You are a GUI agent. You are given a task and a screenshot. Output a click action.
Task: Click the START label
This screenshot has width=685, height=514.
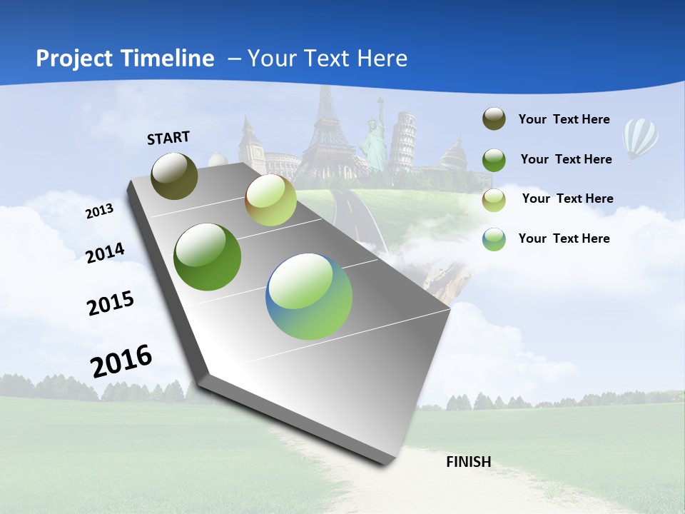click(168, 137)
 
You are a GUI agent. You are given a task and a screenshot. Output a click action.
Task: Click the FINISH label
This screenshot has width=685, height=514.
click(469, 462)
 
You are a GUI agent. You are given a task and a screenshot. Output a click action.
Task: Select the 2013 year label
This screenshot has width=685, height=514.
click(99, 211)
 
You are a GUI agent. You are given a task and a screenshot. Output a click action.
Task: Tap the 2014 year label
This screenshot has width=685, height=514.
click(105, 253)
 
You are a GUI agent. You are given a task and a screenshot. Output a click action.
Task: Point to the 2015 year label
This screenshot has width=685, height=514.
click(111, 303)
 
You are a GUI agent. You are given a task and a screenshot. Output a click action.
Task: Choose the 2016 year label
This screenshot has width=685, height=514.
click(121, 361)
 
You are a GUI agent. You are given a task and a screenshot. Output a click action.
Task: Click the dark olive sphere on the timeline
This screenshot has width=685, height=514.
click(175, 176)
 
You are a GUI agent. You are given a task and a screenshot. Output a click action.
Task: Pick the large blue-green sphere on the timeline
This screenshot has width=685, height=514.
click(309, 296)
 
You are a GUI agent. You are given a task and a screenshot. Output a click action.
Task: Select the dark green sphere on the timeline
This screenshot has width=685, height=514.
click(208, 257)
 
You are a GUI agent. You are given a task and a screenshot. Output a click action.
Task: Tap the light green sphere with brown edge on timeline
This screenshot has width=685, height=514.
click(270, 200)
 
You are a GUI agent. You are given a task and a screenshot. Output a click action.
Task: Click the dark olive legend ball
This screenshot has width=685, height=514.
click(494, 119)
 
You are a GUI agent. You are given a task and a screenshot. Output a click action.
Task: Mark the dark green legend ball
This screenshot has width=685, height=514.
click(494, 159)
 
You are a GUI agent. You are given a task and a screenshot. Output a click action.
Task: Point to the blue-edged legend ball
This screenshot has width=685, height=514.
click(494, 238)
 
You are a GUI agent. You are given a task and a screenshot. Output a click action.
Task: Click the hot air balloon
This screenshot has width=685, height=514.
click(640, 139)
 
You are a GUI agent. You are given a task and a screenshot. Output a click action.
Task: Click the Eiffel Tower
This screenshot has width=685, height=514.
click(329, 128)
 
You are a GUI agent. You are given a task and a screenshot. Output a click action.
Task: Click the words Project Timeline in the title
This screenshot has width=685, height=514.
click(125, 59)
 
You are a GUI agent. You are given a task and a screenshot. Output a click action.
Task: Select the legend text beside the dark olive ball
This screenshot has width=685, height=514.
click(564, 119)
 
